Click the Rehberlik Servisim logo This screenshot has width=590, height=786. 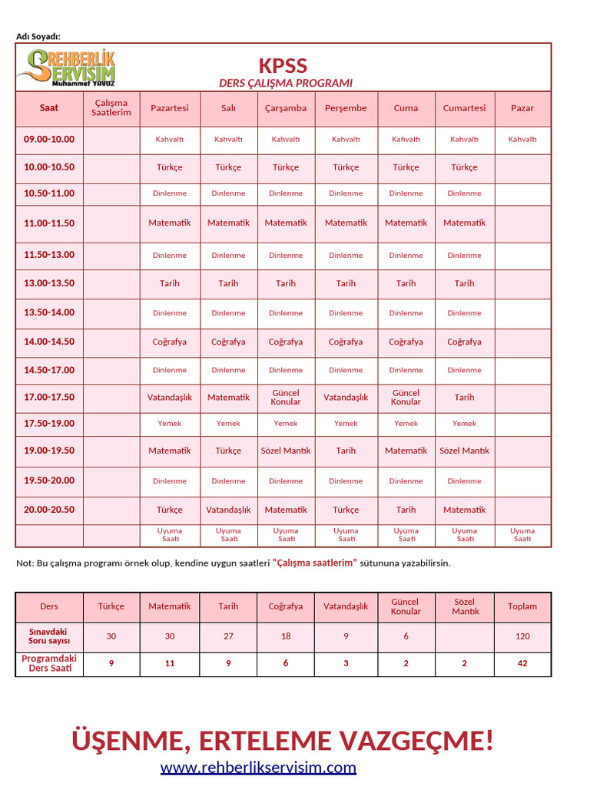pyautogui.click(x=66, y=68)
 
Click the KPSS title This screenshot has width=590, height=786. pyautogui.click(x=283, y=65)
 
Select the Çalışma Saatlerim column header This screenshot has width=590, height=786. pyautogui.click(x=111, y=108)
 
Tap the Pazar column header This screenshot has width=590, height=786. pyautogui.click(x=522, y=108)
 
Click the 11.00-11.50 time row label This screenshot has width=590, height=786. pyautogui.click(x=49, y=223)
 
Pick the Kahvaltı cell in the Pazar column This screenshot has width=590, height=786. pyautogui.click(x=522, y=139)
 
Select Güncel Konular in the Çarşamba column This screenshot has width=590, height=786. pyautogui.click(x=286, y=397)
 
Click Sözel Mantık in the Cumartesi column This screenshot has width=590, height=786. pyautogui.click(x=464, y=451)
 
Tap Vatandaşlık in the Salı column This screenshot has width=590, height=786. pyautogui.click(x=228, y=510)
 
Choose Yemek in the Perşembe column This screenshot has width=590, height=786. pyautogui.click(x=346, y=423)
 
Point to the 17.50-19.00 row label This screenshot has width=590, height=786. pyautogui.click(x=49, y=423)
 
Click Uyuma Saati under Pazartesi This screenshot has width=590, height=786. pyautogui.click(x=169, y=535)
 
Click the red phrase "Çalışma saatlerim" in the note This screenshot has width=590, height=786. pyautogui.click(x=315, y=563)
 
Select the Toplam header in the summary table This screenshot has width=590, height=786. pyautogui.click(x=522, y=606)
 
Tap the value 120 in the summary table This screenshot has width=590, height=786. pyautogui.click(x=522, y=636)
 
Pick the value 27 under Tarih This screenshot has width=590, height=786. pyautogui.click(x=228, y=636)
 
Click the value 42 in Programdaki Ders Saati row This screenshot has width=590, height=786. pyautogui.click(x=522, y=663)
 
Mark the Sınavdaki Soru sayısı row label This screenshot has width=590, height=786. pyautogui.click(x=49, y=636)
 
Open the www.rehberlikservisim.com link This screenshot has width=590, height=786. pyautogui.click(x=258, y=767)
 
